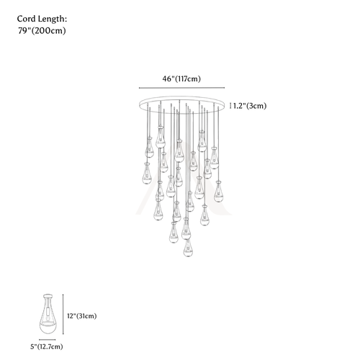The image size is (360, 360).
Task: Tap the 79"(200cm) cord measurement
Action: pos(42,31)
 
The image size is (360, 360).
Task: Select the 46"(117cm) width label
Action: pos(181,78)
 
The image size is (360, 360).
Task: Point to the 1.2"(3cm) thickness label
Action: pos(250,106)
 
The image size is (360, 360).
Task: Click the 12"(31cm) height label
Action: pos(82,316)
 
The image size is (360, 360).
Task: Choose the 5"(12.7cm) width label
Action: pos(47,347)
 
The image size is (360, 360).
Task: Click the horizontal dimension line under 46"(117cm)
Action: pos(181,88)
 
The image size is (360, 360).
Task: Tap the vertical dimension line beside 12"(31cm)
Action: pos(63,314)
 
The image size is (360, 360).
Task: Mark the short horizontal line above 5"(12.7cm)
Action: pos(48,340)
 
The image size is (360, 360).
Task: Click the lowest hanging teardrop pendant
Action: pos(188,248)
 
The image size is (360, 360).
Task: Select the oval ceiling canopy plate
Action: pos(181,104)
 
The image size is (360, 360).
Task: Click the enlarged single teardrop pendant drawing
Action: pos(48,314)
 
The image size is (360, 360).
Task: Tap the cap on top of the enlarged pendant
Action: pos(48,296)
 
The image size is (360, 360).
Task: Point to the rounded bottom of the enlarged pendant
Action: pos(48,328)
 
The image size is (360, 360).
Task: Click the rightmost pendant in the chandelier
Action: pos(218,192)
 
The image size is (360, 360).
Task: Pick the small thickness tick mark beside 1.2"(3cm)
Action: pos(230,106)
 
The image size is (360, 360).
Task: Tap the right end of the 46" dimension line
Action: pos(225,88)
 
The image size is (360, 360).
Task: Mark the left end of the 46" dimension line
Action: pos(139,88)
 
